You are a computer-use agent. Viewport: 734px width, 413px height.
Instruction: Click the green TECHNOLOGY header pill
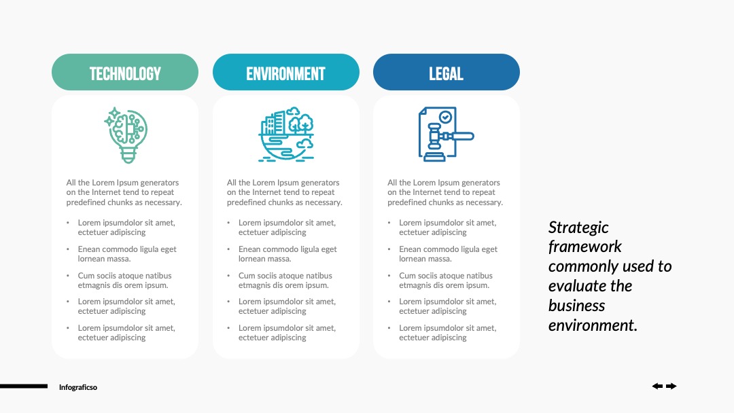click(x=125, y=72)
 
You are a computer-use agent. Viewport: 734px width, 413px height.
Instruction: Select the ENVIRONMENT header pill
click(x=286, y=72)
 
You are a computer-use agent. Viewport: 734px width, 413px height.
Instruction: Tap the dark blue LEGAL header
click(x=447, y=72)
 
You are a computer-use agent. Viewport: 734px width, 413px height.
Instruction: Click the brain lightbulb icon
click(x=126, y=135)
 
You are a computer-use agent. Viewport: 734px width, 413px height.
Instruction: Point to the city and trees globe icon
click(x=286, y=134)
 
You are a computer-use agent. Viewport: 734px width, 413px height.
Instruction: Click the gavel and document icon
click(x=446, y=134)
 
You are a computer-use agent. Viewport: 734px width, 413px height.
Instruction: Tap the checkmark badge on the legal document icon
click(x=446, y=116)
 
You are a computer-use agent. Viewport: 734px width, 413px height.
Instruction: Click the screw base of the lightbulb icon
click(x=128, y=155)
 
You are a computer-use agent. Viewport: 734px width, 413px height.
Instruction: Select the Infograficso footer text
click(x=78, y=387)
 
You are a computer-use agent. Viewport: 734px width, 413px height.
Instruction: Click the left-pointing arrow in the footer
click(x=657, y=386)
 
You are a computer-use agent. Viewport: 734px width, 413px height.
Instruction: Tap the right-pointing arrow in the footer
click(x=671, y=386)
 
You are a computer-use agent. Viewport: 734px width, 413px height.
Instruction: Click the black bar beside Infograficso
click(x=24, y=386)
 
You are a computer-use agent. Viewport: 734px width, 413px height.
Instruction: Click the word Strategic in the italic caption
click(x=578, y=228)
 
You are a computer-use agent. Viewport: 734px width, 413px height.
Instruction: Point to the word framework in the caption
click(x=584, y=247)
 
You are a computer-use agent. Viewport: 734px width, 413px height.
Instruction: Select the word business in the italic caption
click(x=577, y=306)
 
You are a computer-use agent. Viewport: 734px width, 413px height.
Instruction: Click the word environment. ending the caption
click(x=593, y=325)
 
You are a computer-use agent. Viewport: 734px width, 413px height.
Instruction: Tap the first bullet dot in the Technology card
click(x=68, y=223)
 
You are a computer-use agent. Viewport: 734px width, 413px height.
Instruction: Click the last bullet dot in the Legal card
click(x=389, y=328)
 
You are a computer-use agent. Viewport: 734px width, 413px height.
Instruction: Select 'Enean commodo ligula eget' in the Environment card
click(x=287, y=249)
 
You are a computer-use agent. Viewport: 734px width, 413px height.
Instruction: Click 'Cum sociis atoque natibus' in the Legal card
click(x=446, y=276)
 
